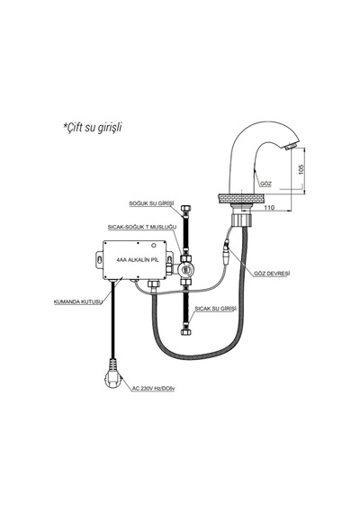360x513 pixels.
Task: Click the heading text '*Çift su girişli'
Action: click(x=93, y=127)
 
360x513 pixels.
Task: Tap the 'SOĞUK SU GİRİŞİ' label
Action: click(x=151, y=203)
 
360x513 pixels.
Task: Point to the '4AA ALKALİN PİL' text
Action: click(x=138, y=260)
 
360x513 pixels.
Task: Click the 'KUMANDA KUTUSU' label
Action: click(x=78, y=301)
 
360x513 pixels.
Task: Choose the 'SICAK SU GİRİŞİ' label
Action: click(x=215, y=309)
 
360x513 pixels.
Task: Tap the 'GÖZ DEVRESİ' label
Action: click(x=272, y=274)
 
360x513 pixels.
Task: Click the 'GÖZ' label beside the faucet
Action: click(x=265, y=184)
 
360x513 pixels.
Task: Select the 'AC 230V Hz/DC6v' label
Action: click(x=153, y=389)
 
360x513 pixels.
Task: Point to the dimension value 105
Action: click(x=301, y=169)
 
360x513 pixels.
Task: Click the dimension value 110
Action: click(x=269, y=207)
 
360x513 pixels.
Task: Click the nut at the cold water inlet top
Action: click(x=186, y=209)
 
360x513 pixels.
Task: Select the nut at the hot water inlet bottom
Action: click(x=186, y=332)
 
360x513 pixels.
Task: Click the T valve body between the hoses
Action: click(x=185, y=269)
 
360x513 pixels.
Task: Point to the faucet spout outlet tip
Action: click(x=291, y=148)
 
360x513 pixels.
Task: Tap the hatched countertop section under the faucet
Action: click(x=240, y=199)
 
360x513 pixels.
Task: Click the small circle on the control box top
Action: click(x=154, y=245)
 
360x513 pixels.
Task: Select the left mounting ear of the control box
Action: click(x=100, y=260)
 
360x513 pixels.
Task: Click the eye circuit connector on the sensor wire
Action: click(x=227, y=253)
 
